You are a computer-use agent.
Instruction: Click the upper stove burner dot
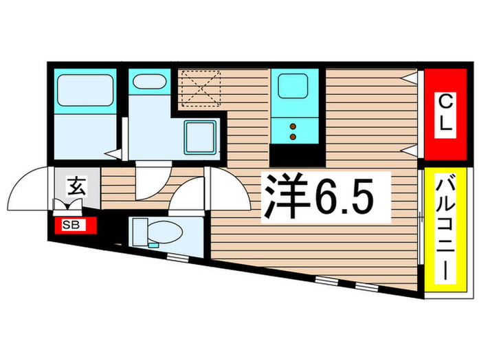tap(293, 127)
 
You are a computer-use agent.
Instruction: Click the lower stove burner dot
tap(293, 138)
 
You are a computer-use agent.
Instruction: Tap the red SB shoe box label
tap(71, 225)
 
